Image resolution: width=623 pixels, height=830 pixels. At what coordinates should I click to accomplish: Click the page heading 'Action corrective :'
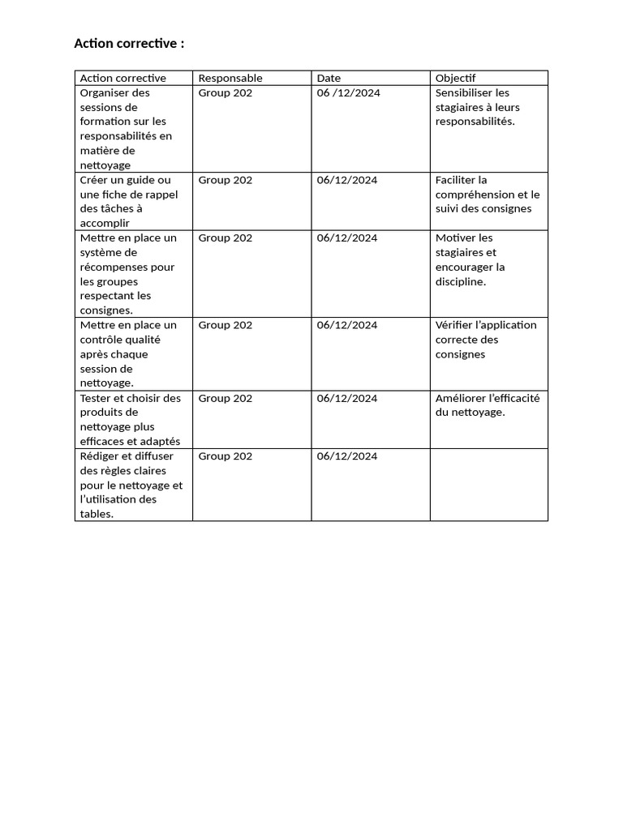tap(129, 44)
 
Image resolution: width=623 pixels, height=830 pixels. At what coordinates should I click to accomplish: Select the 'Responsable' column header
tap(230, 78)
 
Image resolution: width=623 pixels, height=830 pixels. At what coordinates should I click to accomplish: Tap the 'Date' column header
tap(329, 78)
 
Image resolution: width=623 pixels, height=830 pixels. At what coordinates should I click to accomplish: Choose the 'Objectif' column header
tap(455, 78)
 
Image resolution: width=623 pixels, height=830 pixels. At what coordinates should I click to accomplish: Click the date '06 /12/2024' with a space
tap(348, 92)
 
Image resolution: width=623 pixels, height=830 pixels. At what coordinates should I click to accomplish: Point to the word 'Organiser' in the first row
tap(104, 92)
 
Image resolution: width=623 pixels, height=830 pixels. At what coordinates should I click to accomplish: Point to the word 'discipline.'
tap(461, 281)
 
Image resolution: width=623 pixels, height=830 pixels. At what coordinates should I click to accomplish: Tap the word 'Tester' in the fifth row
tap(96, 398)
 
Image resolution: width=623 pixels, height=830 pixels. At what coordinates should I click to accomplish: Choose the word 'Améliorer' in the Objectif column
tap(459, 398)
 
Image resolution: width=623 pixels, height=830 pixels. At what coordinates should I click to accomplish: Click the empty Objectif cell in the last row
tap(488, 485)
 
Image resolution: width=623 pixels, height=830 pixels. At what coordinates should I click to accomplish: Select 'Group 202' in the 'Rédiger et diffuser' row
tap(226, 456)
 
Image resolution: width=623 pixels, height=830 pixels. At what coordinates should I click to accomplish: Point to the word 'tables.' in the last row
tap(97, 514)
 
